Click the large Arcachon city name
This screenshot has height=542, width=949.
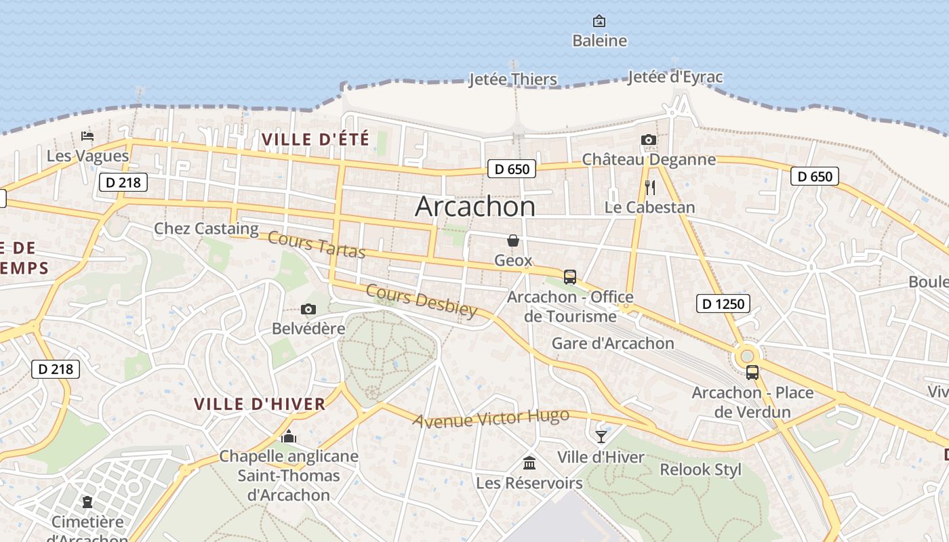coord(474,206)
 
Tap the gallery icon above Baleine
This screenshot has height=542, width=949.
coord(599,21)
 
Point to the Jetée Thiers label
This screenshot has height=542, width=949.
coord(513,79)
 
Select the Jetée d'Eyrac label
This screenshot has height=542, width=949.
coord(675,77)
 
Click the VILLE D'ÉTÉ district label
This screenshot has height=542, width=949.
coord(315,140)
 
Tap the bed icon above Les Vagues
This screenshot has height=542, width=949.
coord(87,136)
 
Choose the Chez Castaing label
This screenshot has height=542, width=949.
coord(206,229)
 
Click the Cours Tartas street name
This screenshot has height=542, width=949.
coord(317,245)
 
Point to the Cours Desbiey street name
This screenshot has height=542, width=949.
coord(422,299)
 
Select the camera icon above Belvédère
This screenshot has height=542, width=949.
coord(308,310)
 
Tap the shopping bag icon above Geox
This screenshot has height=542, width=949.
coord(513,241)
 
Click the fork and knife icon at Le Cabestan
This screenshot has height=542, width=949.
coord(650,187)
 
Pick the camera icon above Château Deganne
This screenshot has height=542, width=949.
coord(649,140)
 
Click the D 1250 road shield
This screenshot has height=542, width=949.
coord(723,304)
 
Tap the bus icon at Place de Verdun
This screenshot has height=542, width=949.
coord(752,372)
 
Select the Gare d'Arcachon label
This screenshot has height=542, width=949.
coord(613,343)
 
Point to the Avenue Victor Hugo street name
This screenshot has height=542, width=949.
coord(491,418)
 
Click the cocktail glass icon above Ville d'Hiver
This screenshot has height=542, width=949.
coord(601,436)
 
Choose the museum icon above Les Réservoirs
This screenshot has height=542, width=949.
coord(529,463)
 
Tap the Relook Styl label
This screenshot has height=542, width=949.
coord(701,470)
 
